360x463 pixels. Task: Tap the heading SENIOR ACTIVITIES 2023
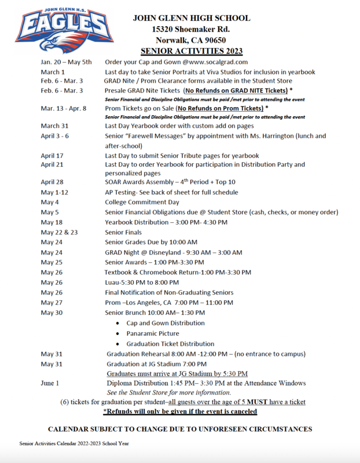pyautogui.click(x=192, y=50)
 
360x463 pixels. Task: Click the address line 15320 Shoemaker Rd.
pyautogui.click(x=191, y=28)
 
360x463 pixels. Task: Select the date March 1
pyautogui.click(x=53, y=72)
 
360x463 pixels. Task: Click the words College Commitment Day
pyautogui.click(x=142, y=202)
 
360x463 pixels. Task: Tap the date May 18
pyautogui.click(x=51, y=222)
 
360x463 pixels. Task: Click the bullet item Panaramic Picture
pyautogui.click(x=153, y=333)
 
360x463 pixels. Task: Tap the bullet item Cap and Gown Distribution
pyautogui.click(x=166, y=323)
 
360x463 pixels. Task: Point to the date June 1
pyautogui.click(x=50, y=383)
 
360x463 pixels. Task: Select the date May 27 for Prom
pyautogui.click(x=51, y=303)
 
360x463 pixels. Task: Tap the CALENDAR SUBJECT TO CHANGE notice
pyautogui.click(x=179, y=429)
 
